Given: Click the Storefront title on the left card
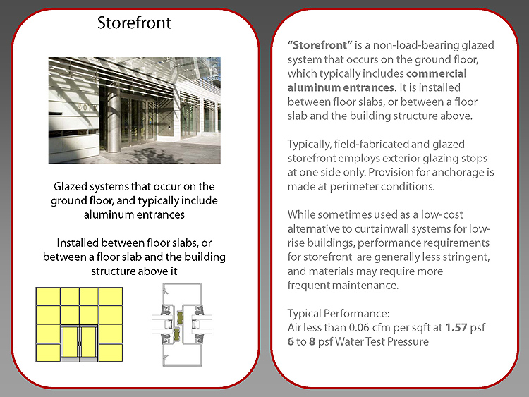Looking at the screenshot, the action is tap(134, 23).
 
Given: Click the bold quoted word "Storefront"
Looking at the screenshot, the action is tap(320, 45).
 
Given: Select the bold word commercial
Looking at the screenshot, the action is tap(437, 73).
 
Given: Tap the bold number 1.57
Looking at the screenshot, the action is tap(456, 327).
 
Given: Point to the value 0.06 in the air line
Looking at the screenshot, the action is tap(360, 327).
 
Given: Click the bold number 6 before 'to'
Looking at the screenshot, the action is tap(291, 342).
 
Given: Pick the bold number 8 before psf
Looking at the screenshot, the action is tap(312, 342).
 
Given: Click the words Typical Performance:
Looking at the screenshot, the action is tap(339, 314).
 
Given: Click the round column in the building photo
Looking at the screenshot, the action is tap(113, 119).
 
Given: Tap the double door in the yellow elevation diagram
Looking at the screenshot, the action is tap(79, 342).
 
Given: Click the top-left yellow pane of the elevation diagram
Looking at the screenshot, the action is tap(48, 296).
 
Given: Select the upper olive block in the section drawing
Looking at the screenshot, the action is tap(179, 317).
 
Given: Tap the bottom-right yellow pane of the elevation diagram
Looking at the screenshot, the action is tap(111, 353).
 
